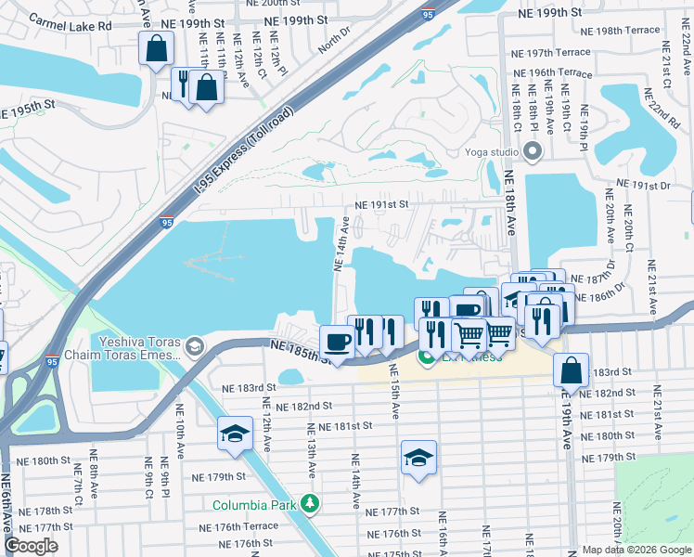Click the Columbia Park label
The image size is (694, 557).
(253, 505)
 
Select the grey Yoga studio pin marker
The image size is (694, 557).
(532, 151)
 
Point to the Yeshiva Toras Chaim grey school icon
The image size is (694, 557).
(194, 347)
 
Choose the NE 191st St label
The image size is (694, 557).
(382, 206)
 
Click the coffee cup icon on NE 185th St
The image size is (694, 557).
(337, 342)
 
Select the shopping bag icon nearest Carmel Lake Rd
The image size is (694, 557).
(157, 47)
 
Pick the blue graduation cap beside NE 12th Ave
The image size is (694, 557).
(235, 434)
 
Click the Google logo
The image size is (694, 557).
(32, 546)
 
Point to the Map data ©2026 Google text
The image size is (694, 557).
(636, 550)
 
